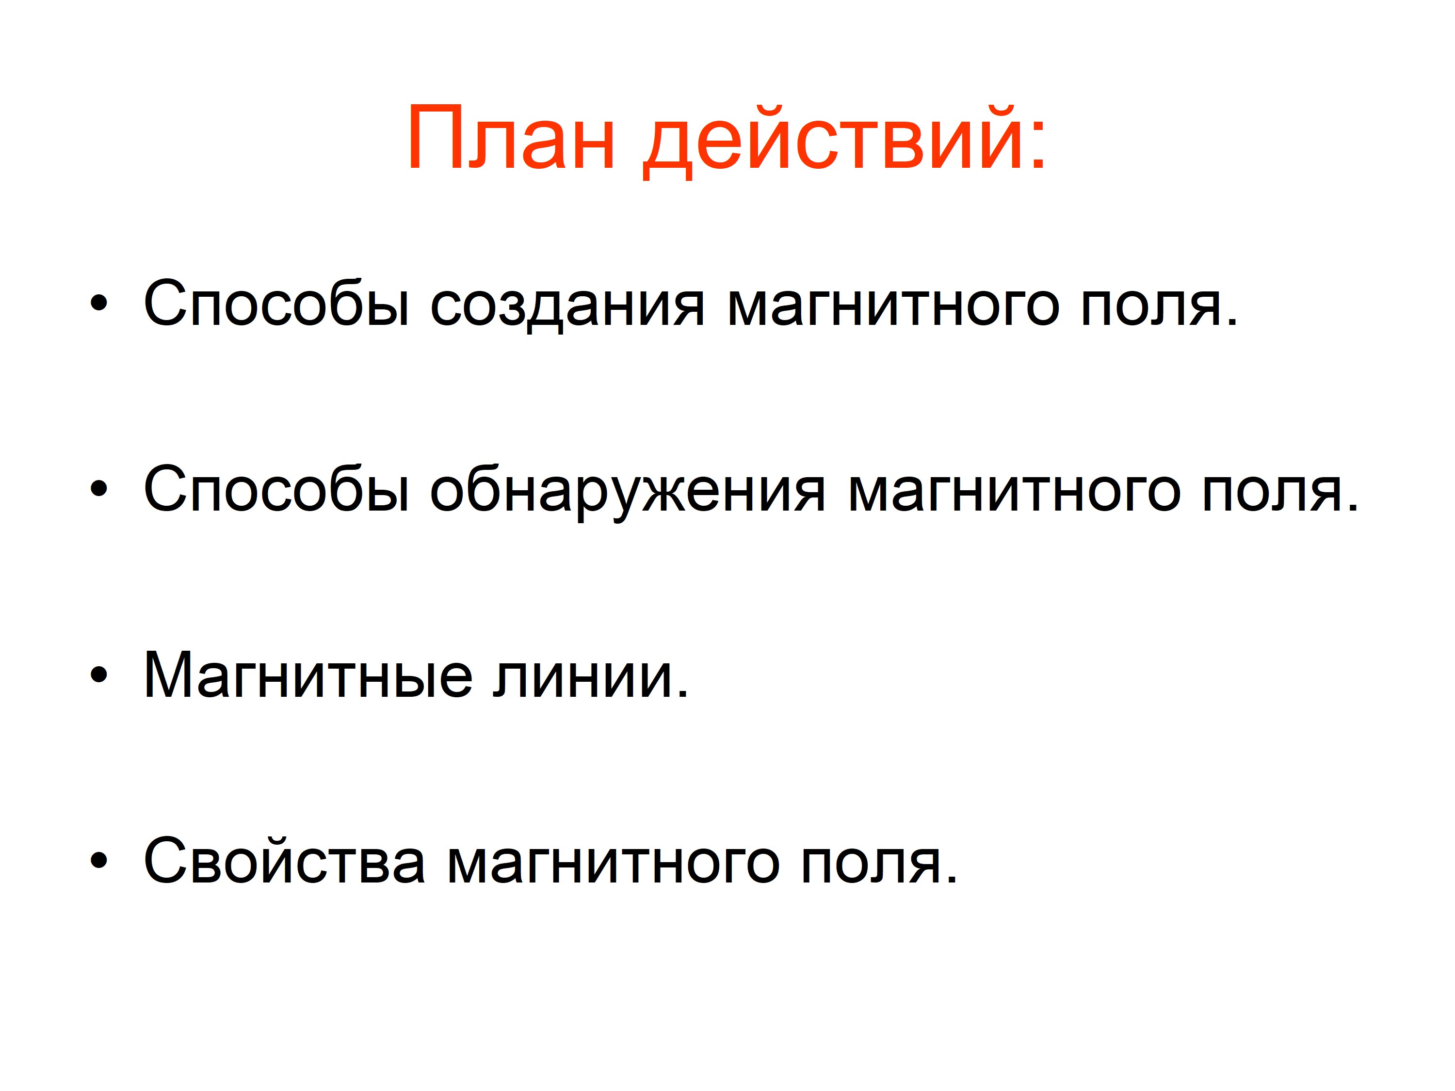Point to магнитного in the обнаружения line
(x=1014, y=493)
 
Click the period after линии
(x=681, y=694)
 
